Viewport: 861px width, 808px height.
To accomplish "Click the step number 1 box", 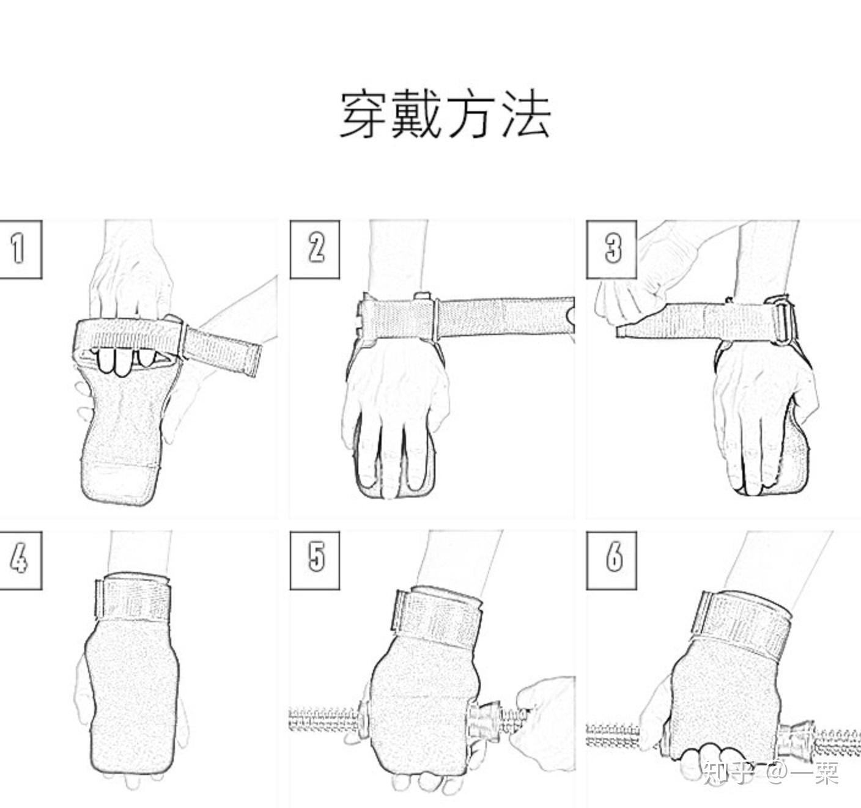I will (20, 249).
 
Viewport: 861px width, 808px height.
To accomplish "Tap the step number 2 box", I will (315, 249).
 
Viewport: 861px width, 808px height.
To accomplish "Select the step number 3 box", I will (612, 249).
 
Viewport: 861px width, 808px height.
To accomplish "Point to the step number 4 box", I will (20, 559).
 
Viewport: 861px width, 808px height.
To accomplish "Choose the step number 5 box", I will (315, 559).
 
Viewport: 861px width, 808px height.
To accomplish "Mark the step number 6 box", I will (612, 559).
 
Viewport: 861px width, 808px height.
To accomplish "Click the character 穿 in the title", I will (365, 114).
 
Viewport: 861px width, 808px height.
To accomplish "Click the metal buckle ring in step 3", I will (785, 321).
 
